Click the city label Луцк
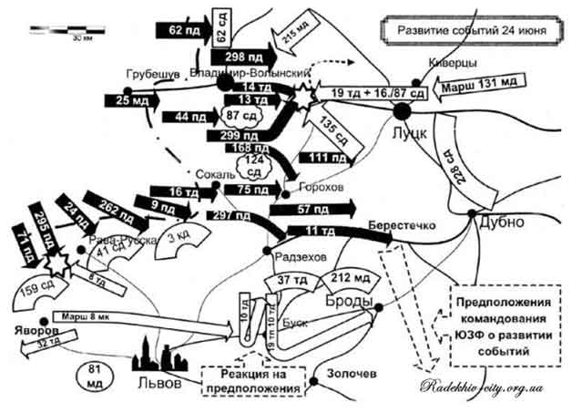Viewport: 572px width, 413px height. (413, 131)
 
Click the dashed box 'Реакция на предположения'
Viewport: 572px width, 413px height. (250, 381)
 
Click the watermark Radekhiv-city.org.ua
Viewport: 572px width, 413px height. (481, 387)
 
